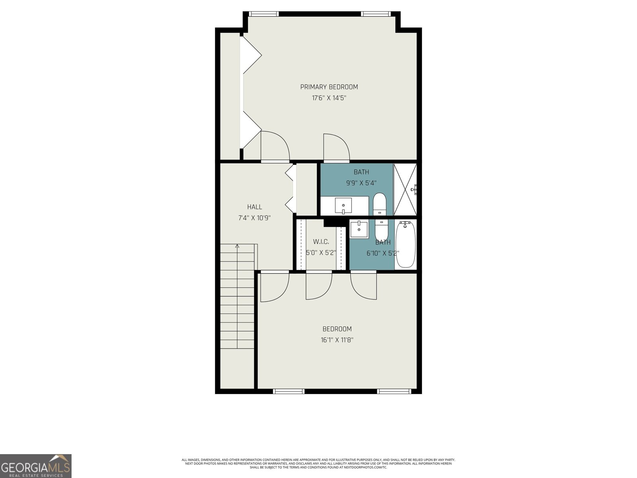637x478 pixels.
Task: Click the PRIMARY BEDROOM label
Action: [329, 87]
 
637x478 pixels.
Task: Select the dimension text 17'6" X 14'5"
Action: [329, 98]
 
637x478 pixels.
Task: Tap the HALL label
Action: [254, 207]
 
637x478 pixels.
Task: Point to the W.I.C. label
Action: [321, 242]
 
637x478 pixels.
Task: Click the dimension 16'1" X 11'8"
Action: [337, 340]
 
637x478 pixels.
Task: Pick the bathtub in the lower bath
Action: [405, 245]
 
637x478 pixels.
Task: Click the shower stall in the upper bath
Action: [405, 190]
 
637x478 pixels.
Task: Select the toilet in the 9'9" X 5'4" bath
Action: [379, 204]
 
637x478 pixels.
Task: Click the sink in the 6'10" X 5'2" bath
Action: [359, 229]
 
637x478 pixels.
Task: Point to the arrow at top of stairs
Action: [237, 246]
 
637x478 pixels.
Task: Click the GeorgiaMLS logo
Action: [36, 466]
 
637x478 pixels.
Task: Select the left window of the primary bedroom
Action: [263, 14]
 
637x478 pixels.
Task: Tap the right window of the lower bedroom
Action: [394, 391]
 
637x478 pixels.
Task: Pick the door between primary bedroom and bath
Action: [336, 147]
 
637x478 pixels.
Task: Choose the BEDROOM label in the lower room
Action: [337, 329]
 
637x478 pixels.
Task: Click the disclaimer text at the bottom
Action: [318, 463]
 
